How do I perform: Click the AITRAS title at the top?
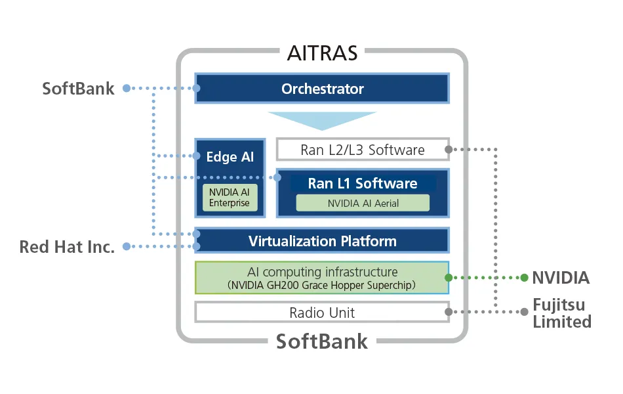click(322, 53)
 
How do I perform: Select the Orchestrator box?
click(322, 89)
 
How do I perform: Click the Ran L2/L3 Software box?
click(362, 150)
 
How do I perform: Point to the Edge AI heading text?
click(230, 158)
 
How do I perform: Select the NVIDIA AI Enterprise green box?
click(230, 197)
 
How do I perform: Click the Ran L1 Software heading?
click(362, 183)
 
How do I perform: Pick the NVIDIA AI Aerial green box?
click(362, 204)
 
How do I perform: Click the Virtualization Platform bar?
click(322, 241)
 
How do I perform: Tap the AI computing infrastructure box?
click(322, 278)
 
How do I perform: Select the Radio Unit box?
click(322, 313)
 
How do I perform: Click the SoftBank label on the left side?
click(78, 89)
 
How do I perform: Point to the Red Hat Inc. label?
click(67, 247)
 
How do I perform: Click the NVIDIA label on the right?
click(561, 278)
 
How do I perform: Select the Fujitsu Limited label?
click(561, 313)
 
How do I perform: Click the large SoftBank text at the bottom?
click(322, 342)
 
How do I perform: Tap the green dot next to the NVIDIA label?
click(524, 278)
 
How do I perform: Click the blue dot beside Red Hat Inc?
click(127, 247)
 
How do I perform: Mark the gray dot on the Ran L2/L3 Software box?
click(449, 150)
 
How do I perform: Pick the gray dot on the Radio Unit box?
click(449, 313)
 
